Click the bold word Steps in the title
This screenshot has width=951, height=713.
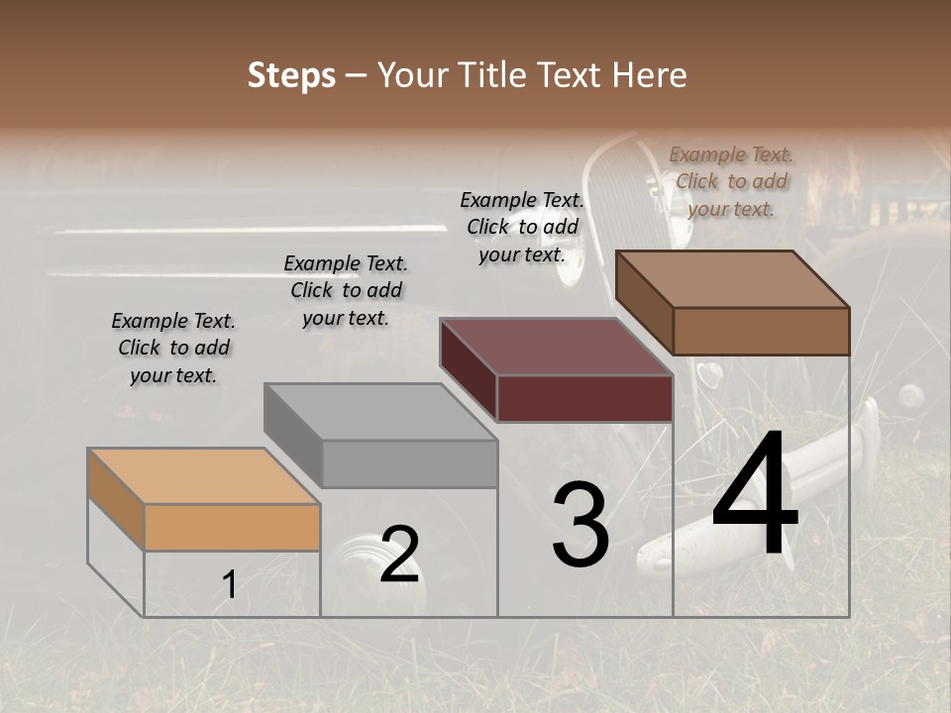[291, 75]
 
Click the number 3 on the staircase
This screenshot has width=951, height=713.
[580, 525]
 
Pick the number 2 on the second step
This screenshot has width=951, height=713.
[399, 555]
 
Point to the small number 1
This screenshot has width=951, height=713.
[229, 585]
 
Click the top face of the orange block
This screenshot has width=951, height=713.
[203, 476]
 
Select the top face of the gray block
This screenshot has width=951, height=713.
[381, 411]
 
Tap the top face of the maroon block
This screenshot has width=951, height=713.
[557, 347]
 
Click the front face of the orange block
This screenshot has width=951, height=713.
[232, 527]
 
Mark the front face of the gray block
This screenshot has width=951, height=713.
[409, 463]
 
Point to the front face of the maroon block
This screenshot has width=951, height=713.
[584, 399]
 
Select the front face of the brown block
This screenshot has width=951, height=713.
[761, 331]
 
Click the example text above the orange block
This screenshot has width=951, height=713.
[173, 349]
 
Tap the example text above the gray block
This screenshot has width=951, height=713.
[346, 291]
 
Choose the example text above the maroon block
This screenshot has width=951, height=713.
[522, 227]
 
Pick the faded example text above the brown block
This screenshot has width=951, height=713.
[731, 181]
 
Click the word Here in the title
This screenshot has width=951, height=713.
[650, 75]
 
